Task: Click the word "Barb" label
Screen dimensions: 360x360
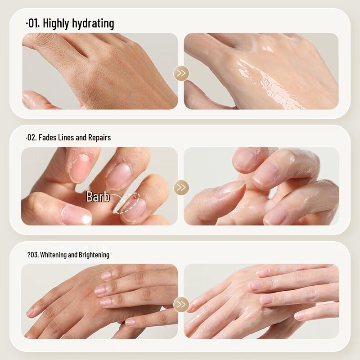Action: (x=98, y=197)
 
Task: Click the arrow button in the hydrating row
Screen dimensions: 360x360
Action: (x=181, y=73)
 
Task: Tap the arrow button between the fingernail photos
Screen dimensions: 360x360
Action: (x=181, y=187)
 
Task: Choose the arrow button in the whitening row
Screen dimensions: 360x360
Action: (x=181, y=305)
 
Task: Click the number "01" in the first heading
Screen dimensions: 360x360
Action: (x=33, y=23)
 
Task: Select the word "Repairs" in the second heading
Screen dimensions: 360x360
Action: (x=99, y=137)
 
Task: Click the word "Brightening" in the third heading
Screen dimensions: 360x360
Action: (x=93, y=255)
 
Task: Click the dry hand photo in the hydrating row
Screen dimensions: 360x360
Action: (x=100, y=71)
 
